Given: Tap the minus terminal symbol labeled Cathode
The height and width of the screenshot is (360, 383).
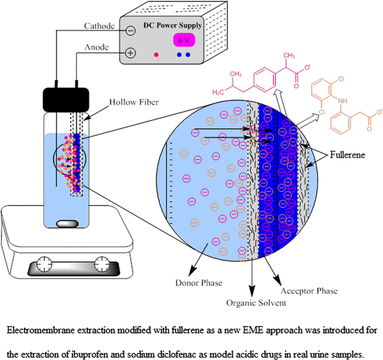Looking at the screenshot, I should click(130, 30).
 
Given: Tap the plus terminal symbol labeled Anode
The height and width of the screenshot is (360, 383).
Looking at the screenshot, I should click(130, 53).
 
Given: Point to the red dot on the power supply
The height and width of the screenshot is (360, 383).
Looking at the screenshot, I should click(156, 55).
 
